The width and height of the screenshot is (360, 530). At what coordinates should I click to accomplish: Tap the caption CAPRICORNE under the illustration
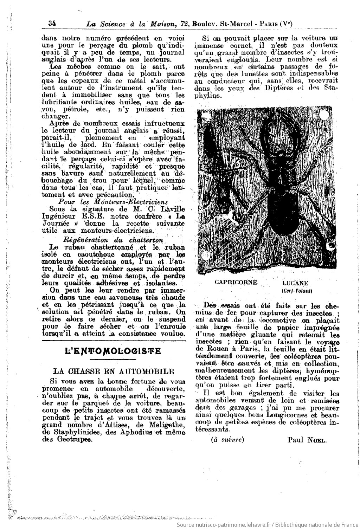236,282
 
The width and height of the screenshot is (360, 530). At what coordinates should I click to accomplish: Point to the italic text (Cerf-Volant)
297,291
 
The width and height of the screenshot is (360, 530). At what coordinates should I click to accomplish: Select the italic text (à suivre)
227,439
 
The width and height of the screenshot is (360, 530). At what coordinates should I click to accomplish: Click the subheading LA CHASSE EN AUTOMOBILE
113,371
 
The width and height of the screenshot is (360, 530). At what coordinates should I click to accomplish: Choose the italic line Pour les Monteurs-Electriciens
112,202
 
